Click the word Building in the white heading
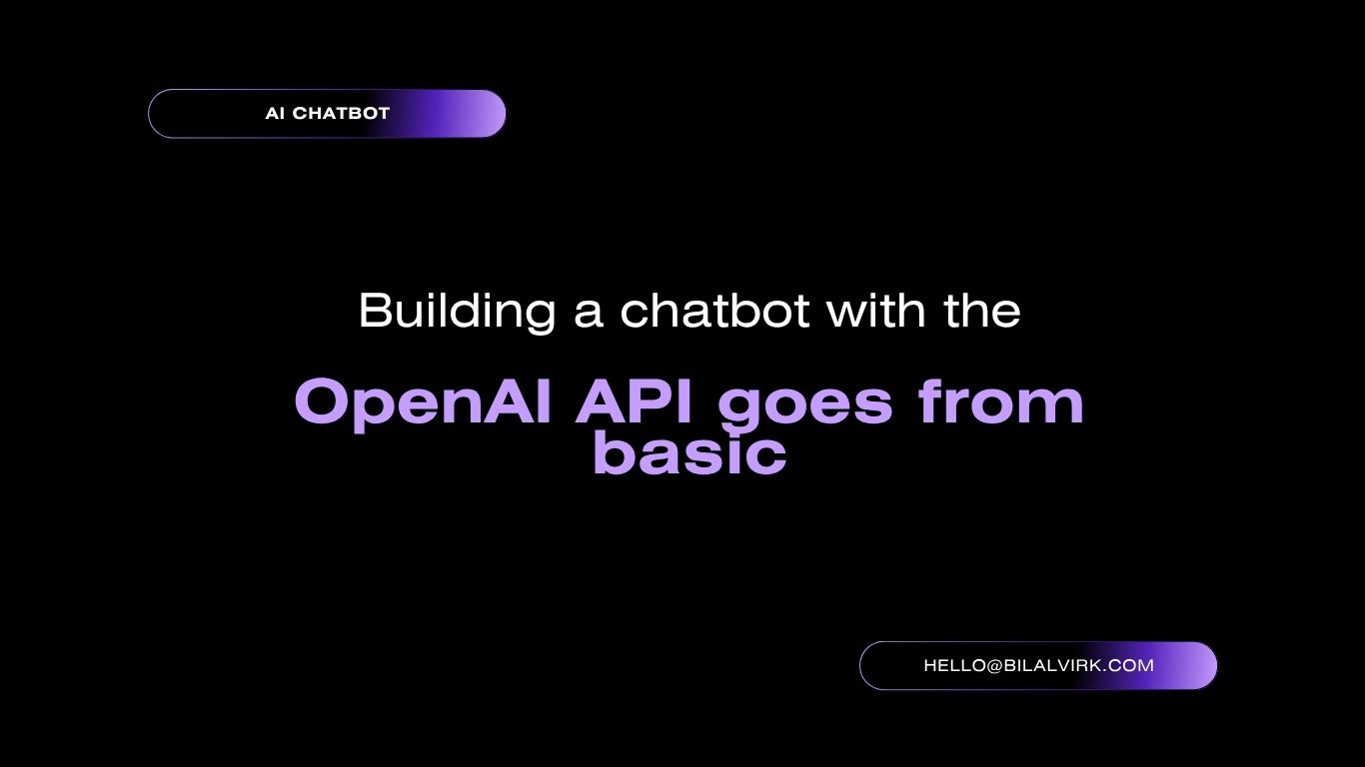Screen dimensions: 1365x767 pyautogui.click(x=457, y=312)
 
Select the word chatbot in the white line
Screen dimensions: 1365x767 pyautogui.click(x=714, y=311)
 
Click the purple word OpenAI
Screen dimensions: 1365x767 pyautogui.click(x=423, y=403)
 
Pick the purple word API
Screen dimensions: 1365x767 pyautogui.click(x=635, y=401)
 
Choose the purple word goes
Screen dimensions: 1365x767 pyautogui.click(x=805, y=405)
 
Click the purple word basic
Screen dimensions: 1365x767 pyautogui.click(x=689, y=452)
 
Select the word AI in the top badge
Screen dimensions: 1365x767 pyautogui.click(x=275, y=113)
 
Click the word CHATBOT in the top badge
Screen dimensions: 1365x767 pyautogui.click(x=342, y=113)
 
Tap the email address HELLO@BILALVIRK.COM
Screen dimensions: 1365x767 pyautogui.click(x=1039, y=665)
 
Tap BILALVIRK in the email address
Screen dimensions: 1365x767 pyautogui.click(x=1053, y=665)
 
